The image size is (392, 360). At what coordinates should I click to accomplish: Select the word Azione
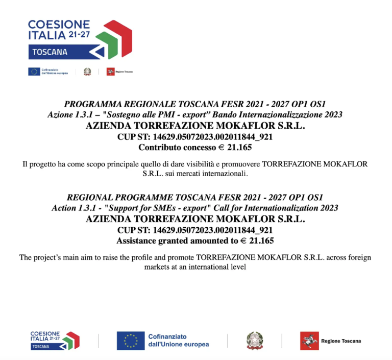[60, 114]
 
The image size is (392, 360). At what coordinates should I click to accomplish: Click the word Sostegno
[136, 114]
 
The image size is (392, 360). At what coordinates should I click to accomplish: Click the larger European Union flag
[130, 341]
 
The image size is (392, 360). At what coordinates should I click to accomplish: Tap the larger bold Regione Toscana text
[341, 341]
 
